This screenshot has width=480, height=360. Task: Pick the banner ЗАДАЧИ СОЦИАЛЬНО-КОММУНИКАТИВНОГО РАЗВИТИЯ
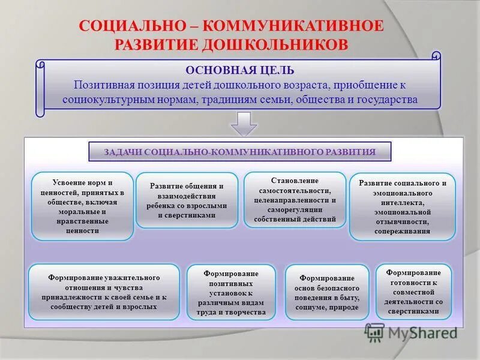[x=239, y=152]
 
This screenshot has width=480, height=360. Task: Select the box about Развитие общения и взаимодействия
[x=187, y=200]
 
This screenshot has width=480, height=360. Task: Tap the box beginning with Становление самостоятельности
[x=295, y=200]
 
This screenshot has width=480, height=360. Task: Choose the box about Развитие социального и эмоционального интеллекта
[x=402, y=206]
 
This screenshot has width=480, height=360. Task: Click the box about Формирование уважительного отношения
[x=104, y=292]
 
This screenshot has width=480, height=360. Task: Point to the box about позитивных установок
[x=231, y=291]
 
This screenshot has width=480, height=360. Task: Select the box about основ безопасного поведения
[x=327, y=292]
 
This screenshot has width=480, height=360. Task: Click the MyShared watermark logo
[x=411, y=332]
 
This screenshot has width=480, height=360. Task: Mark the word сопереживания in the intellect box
[x=402, y=231]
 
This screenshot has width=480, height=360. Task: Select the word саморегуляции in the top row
[x=295, y=209]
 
